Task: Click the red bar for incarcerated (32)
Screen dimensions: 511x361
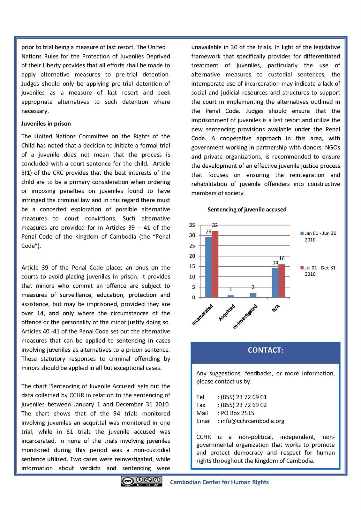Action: (x=215, y=264)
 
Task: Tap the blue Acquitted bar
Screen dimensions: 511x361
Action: (x=231, y=296)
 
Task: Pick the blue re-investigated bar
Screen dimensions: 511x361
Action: (x=253, y=295)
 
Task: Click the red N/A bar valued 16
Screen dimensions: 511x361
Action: (x=282, y=281)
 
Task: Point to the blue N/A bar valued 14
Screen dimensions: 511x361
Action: (x=275, y=283)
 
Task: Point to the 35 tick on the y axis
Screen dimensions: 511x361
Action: (x=192, y=225)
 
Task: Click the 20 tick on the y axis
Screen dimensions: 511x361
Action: (x=192, y=256)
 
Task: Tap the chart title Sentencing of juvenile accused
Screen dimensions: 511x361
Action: (x=247, y=210)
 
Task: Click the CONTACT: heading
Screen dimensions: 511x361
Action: (x=266, y=350)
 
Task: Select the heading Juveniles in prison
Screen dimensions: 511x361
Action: (x=46, y=124)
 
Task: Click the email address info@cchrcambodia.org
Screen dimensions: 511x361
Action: (x=252, y=421)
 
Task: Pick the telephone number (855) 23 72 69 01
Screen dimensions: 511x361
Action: (x=244, y=397)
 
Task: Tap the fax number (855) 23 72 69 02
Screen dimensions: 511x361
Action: (x=244, y=405)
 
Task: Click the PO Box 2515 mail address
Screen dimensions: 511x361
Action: (x=237, y=413)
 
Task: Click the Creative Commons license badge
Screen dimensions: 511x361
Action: (x=141, y=481)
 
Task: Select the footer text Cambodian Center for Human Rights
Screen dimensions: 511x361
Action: (x=219, y=482)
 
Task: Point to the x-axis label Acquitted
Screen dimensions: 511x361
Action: (x=227, y=312)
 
